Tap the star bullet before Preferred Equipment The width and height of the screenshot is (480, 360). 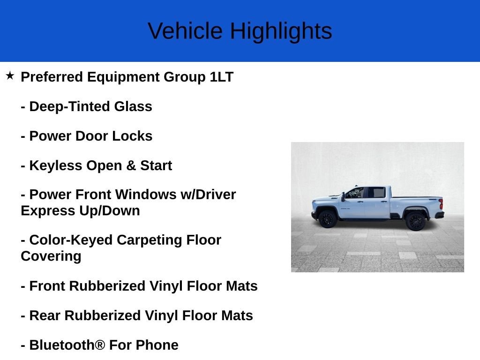[10, 75]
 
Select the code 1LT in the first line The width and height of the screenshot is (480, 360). [221, 77]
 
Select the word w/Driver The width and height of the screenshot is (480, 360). [208, 195]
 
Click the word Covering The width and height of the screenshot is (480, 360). [51, 256]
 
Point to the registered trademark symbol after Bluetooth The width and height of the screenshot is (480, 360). [100, 345]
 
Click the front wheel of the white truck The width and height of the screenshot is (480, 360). [327, 219]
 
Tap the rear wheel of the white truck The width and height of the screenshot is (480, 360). [415, 221]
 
